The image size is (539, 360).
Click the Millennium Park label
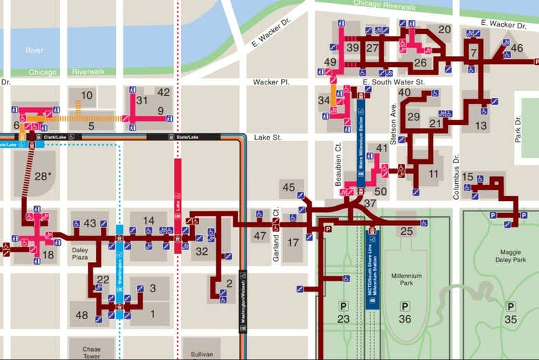click(x=406, y=280)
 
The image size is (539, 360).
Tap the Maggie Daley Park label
click(x=511, y=256)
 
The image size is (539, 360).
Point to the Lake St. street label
click(x=268, y=138)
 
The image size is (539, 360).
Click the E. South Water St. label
click(x=394, y=82)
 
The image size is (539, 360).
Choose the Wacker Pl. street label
click(x=270, y=82)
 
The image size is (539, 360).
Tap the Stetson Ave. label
click(x=393, y=120)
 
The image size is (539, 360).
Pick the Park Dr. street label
click(x=518, y=129)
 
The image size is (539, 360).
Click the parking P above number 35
click(x=511, y=306)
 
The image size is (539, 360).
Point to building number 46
click(x=516, y=48)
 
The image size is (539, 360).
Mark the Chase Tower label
click(x=92, y=353)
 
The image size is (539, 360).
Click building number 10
click(x=86, y=95)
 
